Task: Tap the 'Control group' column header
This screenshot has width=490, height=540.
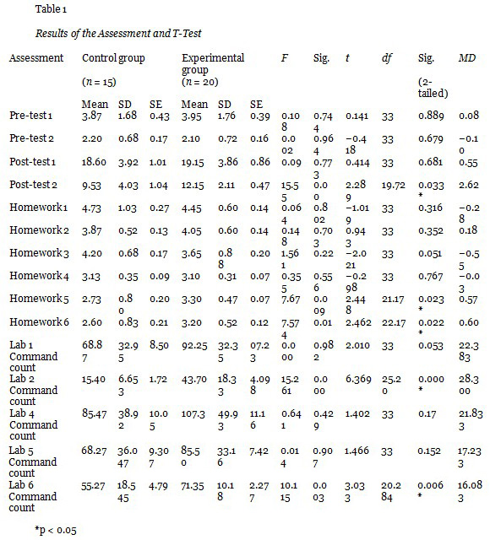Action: click(113, 58)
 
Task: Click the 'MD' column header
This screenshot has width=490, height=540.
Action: click(466, 58)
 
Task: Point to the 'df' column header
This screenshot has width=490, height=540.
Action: click(387, 58)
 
